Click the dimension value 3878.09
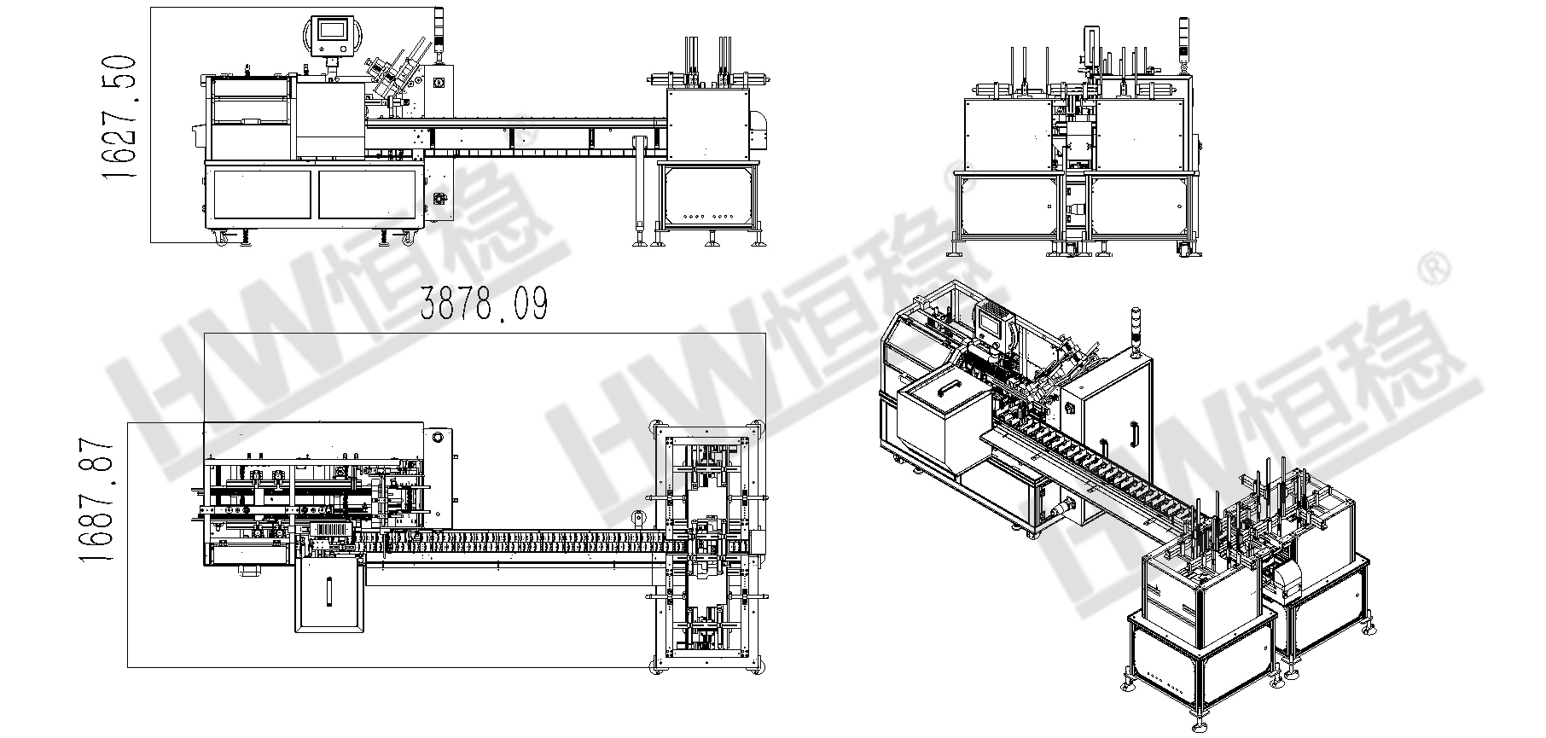coord(484,304)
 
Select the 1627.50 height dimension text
coord(119,117)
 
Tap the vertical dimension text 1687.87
coord(96,501)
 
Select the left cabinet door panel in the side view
coord(262,194)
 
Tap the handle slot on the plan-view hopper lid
coord(330,590)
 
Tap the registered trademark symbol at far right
coord(1438,270)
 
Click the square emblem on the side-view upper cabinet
coord(439,83)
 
